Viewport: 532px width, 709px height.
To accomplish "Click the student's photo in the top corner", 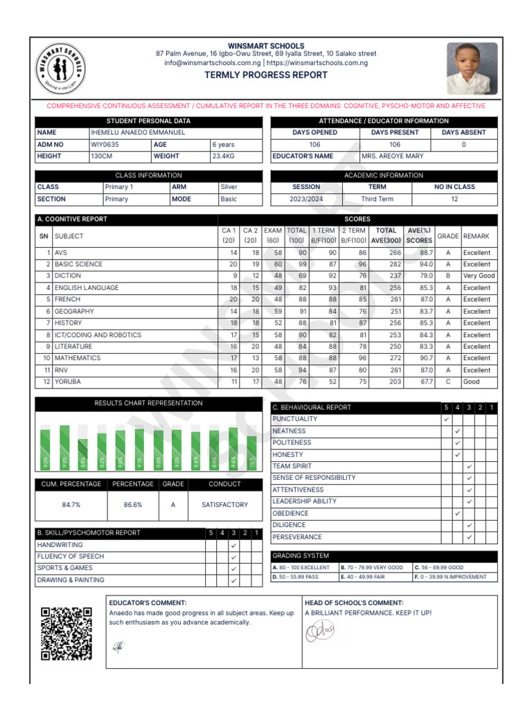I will coord(471,68).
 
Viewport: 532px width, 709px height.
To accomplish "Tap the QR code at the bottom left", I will coord(66,634).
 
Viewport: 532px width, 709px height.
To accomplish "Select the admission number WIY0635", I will coord(105,145).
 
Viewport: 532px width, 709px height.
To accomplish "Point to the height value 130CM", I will coord(102,156).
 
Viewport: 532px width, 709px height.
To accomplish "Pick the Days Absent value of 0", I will coord(463,145).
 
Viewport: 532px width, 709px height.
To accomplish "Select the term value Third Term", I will coord(377,199).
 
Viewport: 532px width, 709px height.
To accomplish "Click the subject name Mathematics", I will coord(78,358).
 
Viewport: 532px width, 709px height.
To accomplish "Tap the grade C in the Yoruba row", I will coord(447,382).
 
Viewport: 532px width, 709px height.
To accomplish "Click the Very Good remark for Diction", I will coord(479,276).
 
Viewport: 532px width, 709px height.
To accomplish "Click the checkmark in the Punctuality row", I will coord(446,420).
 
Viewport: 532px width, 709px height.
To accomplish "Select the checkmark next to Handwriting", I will coord(233,546).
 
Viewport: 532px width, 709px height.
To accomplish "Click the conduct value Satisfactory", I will coord(224,505).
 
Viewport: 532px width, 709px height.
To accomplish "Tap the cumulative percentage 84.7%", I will coord(71,505).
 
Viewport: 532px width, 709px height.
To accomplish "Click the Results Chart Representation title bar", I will coord(149,403).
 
